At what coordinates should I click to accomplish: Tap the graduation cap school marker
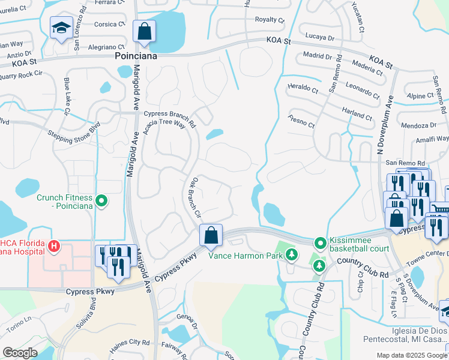(61, 28)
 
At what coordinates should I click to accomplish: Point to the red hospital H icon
(54, 246)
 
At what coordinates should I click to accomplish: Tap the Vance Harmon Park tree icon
(291, 254)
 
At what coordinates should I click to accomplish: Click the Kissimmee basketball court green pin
(320, 242)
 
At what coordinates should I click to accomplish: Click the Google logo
(20, 353)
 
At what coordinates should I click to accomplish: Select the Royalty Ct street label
(270, 20)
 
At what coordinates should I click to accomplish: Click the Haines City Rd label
(130, 345)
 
